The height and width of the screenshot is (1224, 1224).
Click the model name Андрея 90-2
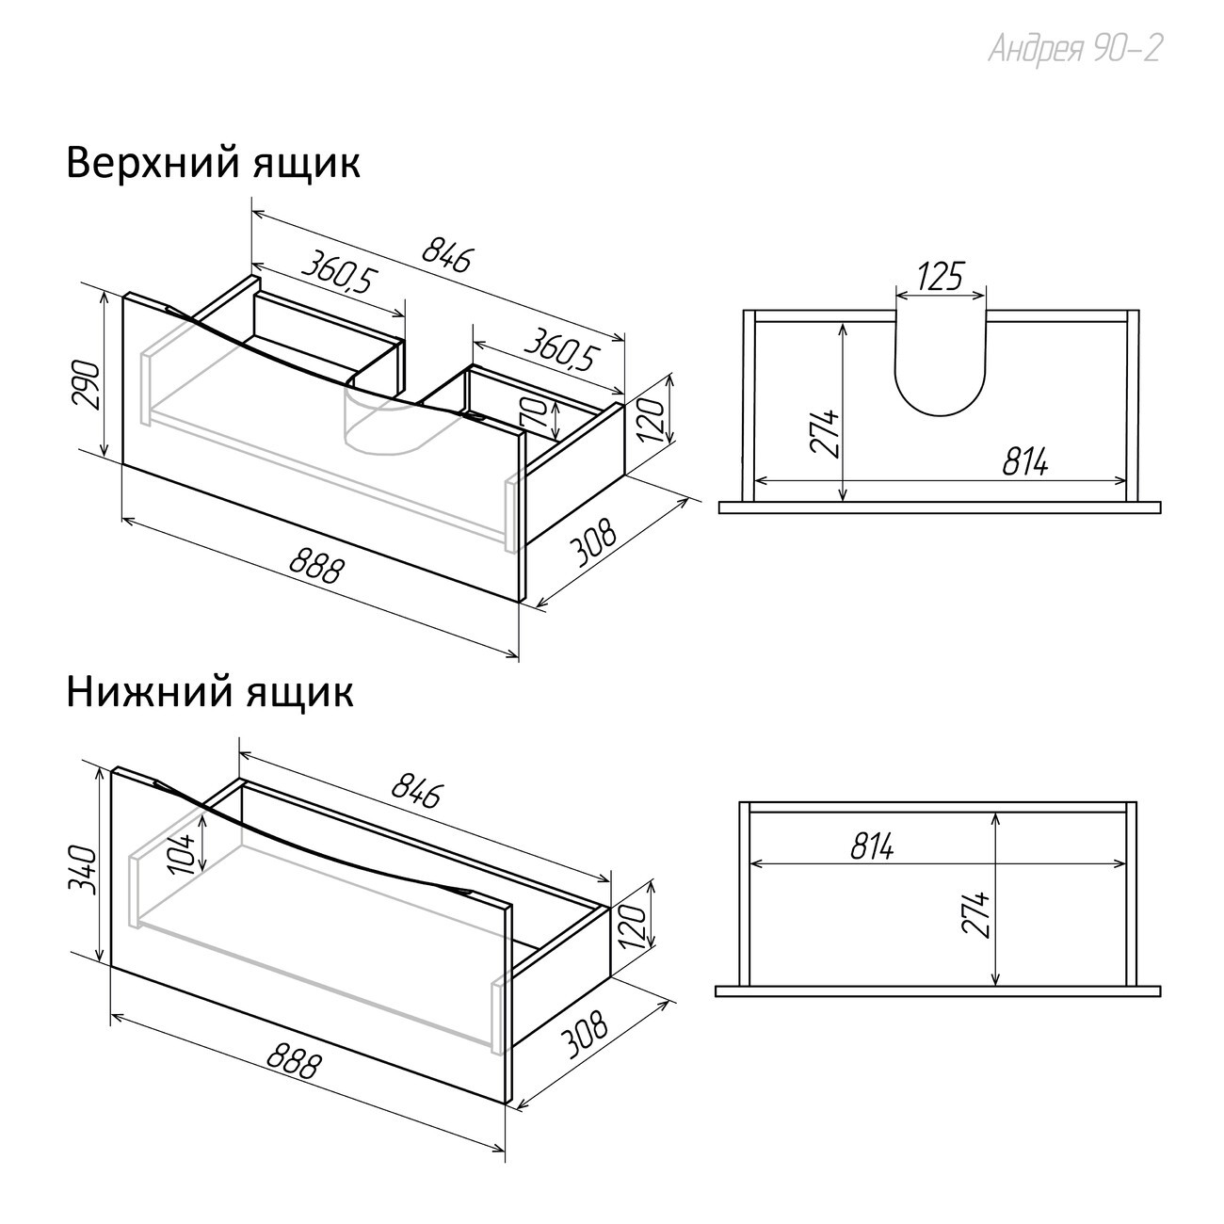[x=1074, y=49]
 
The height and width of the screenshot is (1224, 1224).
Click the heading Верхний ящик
[x=214, y=164]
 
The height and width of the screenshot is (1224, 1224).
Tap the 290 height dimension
[x=87, y=385]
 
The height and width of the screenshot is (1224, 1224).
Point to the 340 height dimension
[x=83, y=870]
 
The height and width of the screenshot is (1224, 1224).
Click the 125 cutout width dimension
[x=941, y=276]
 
